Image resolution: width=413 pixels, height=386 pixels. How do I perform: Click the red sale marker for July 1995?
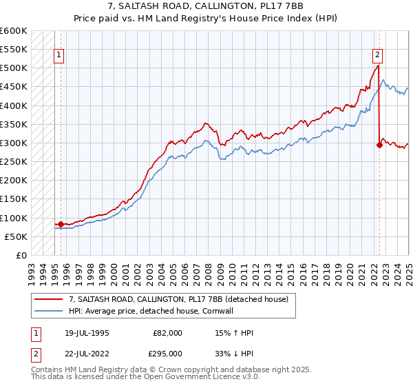tap(61, 224)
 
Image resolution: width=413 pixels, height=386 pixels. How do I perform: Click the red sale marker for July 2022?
tap(379, 145)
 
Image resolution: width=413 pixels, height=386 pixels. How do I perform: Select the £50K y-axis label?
tap(17, 236)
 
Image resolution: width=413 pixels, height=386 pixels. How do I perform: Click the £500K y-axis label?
tap(14, 68)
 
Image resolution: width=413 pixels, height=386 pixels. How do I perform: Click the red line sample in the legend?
tap(48, 298)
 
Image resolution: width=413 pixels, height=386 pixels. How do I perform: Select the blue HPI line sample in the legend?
tap(48, 310)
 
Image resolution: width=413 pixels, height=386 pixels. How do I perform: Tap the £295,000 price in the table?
tap(168, 353)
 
